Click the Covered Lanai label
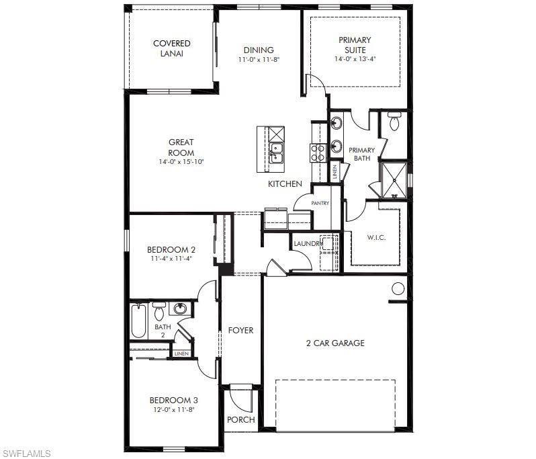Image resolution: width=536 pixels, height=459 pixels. click(x=172, y=48)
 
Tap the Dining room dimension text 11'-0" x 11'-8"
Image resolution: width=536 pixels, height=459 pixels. click(x=259, y=59)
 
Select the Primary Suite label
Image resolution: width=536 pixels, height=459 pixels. click(x=355, y=44)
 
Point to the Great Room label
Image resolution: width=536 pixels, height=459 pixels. click(x=181, y=147)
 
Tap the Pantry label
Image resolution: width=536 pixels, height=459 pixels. click(x=320, y=203)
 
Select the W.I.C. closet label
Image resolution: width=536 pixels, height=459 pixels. click(x=375, y=237)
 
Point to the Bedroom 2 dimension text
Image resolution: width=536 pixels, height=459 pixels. click(x=171, y=258)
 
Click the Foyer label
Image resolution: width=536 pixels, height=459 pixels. click(x=240, y=330)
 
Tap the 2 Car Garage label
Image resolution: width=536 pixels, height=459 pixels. click(x=335, y=343)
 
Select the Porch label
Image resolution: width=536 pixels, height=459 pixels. click(x=241, y=420)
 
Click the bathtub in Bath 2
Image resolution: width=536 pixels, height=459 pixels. click(x=139, y=321)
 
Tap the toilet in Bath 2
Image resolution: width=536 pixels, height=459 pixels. click(x=159, y=311)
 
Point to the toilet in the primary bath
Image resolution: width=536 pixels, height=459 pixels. click(x=394, y=122)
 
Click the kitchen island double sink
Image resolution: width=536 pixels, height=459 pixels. click(x=276, y=153)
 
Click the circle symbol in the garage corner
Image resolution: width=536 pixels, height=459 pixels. click(x=398, y=289)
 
